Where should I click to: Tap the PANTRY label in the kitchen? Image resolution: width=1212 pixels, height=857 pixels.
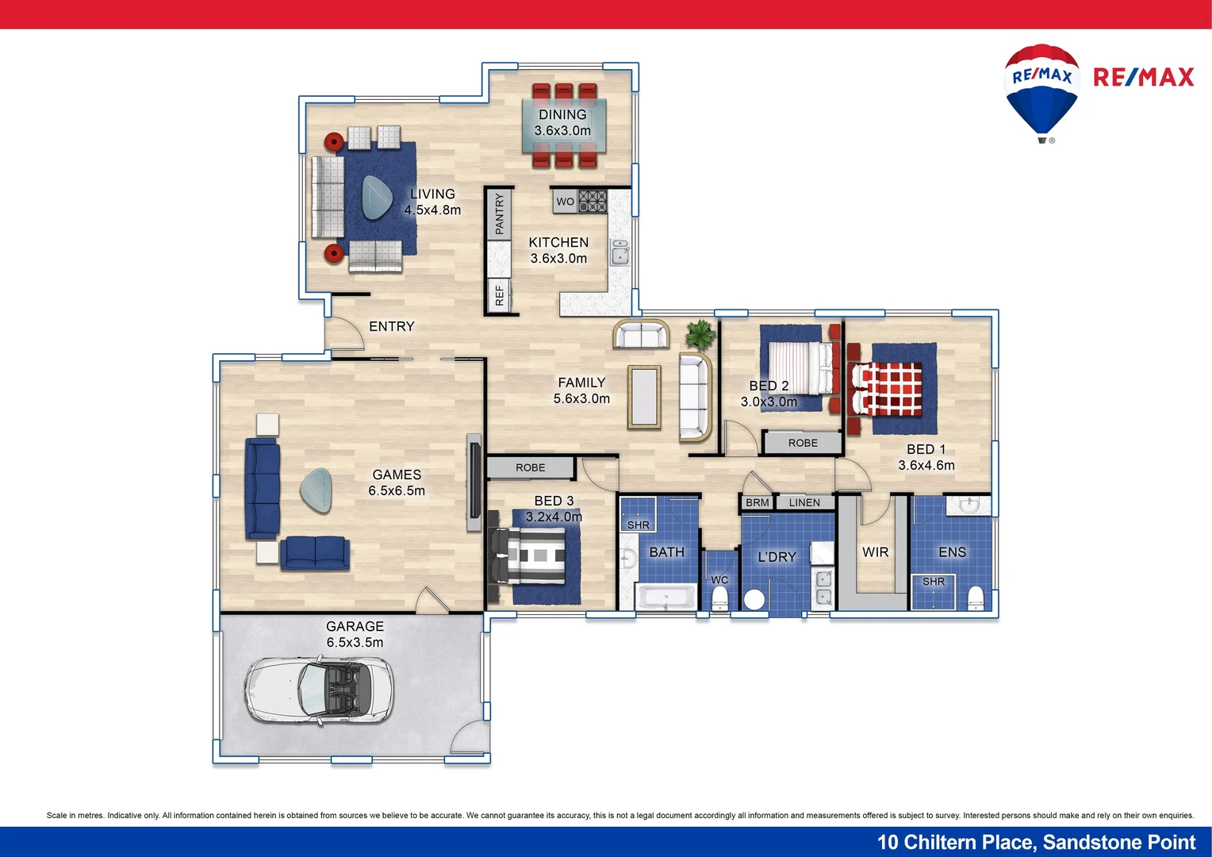click(x=499, y=214)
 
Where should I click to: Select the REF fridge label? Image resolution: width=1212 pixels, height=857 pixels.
click(x=499, y=295)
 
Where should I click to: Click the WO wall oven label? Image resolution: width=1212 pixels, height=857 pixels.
click(x=565, y=202)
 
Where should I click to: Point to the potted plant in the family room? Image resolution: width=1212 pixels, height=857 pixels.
click(x=700, y=334)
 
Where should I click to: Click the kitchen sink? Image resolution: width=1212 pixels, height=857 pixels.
click(x=619, y=252)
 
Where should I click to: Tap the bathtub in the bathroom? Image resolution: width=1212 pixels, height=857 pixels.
click(x=665, y=597)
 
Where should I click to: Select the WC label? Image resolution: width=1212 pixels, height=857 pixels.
click(x=719, y=580)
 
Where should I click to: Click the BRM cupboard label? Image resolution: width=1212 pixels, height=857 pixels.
click(x=757, y=502)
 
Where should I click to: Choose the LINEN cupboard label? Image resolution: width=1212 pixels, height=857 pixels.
click(x=804, y=502)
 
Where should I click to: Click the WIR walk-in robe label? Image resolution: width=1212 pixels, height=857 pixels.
click(x=875, y=552)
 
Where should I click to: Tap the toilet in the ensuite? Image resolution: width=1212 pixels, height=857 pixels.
click(x=976, y=597)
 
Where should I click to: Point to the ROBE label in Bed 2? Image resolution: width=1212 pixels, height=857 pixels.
click(x=803, y=443)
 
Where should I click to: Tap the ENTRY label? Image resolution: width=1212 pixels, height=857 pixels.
click(x=391, y=326)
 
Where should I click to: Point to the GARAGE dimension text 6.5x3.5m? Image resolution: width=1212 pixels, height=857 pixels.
click(x=355, y=643)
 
